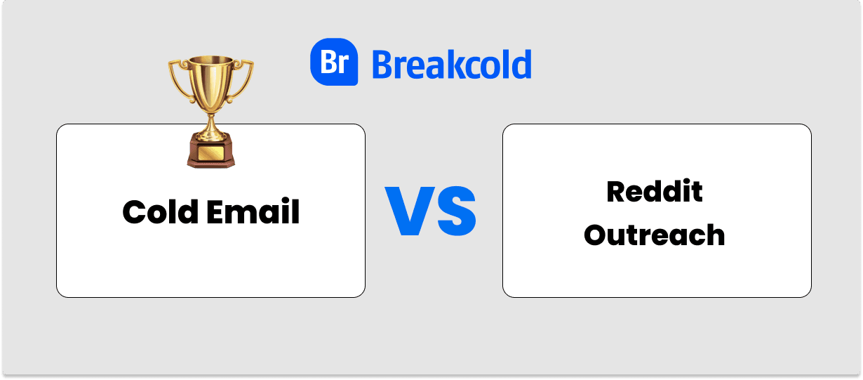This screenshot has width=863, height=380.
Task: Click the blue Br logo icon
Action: point(334,62)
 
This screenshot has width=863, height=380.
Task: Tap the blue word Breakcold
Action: point(451,64)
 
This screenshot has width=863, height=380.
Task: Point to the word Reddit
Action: point(654,191)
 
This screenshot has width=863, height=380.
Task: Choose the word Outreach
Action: point(654,235)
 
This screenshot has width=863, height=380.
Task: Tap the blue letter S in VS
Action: point(455,211)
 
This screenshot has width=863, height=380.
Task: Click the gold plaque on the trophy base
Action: point(210,152)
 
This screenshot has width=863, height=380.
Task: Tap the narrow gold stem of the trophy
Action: point(210,123)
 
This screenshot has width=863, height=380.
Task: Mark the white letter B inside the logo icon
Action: point(328,63)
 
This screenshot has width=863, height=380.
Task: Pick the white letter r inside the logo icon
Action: point(343,65)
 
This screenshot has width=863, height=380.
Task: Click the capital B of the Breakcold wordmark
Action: point(382,64)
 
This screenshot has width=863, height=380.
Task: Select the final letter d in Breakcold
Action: point(521,64)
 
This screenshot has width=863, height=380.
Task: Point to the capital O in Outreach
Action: point(595,235)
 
